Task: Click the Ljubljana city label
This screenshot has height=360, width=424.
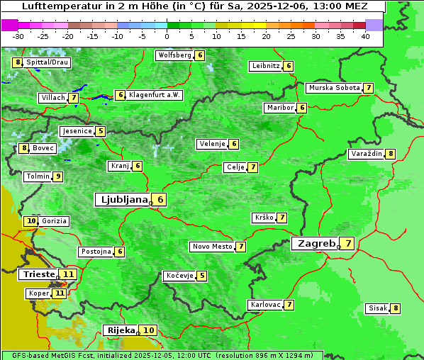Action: click(123, 200)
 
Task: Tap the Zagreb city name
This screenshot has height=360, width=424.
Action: click(316, 244)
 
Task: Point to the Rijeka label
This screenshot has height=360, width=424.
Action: click(121, 330)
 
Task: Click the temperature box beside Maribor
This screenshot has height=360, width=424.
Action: click(302, 108)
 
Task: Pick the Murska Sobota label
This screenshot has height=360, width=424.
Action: click(333, 88)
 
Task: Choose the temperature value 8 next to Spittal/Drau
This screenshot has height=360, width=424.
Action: click(18, 62)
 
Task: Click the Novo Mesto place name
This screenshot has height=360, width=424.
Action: click(212, 247)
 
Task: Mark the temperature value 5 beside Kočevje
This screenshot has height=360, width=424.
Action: click(202, 276)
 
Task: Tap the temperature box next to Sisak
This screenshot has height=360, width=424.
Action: click(396, 308)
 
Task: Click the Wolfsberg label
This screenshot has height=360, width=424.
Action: click(174, 55)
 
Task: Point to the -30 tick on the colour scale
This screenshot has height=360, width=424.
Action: click(18, 35)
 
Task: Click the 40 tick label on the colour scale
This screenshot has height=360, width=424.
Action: click(365, 35)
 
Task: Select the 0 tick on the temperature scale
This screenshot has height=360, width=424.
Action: click(167, 35)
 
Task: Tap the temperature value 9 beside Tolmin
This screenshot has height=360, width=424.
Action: click(58, 176)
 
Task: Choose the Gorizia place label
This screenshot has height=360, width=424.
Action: click(55, 221)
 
